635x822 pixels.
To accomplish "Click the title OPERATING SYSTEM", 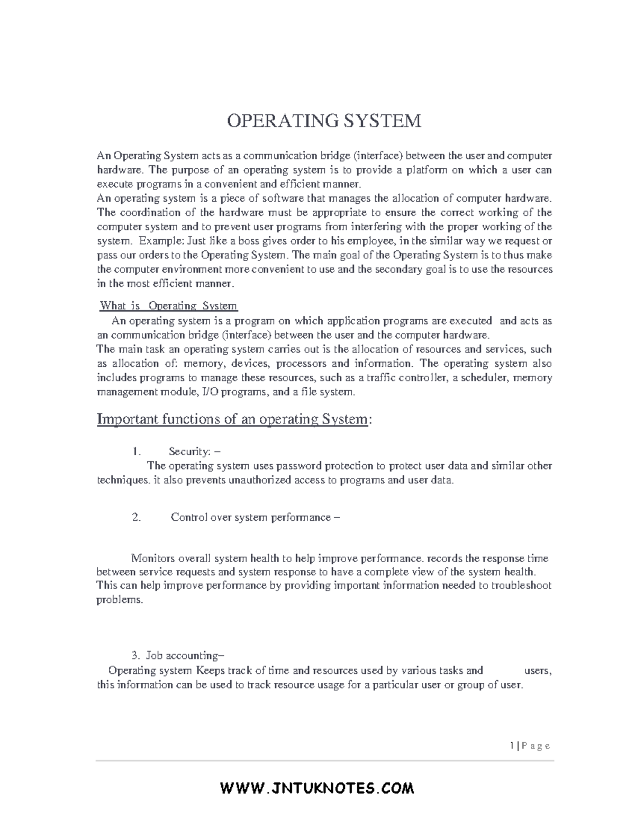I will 324,121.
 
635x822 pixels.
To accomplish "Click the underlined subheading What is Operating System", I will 169,305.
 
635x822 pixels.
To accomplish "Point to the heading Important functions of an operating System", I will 234,419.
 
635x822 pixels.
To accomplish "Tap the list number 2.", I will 137,517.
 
